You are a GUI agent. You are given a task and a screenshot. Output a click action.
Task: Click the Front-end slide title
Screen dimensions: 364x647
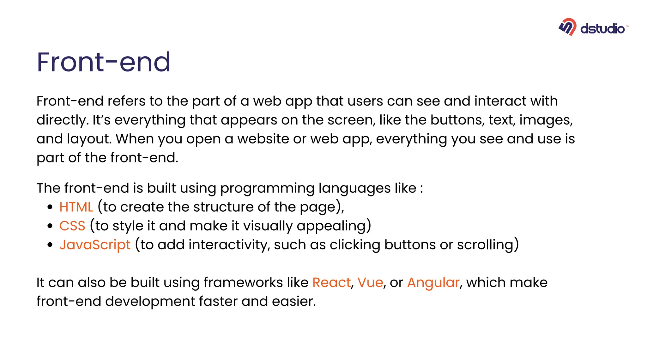[104, 62]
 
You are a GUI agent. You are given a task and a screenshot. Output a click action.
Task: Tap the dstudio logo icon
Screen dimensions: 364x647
[567, 27]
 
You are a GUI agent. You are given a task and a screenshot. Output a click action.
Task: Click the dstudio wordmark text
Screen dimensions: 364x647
[602, 29]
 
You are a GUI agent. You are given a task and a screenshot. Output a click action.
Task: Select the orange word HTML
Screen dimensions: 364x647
[76, 207]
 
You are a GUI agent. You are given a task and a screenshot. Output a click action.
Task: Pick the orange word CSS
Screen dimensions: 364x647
[72, 226]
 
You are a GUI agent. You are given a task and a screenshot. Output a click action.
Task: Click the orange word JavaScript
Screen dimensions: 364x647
[95, 245]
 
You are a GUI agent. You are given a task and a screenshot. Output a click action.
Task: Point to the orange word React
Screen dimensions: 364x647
[331, 282]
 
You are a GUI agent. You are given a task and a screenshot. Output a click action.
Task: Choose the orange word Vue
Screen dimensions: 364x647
[370, 282]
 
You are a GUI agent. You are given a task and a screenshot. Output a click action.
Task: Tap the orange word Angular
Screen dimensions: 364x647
[433, 282]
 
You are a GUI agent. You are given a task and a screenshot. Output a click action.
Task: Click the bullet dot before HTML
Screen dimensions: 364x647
[50, 207]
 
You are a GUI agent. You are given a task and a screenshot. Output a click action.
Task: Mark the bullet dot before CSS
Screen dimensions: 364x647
[50, 226]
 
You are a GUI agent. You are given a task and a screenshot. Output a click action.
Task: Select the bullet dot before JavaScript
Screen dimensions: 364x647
[50, 245]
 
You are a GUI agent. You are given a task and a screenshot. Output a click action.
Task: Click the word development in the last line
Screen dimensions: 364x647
[150, 301]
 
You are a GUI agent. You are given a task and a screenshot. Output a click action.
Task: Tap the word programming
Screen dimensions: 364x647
[267, 189]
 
